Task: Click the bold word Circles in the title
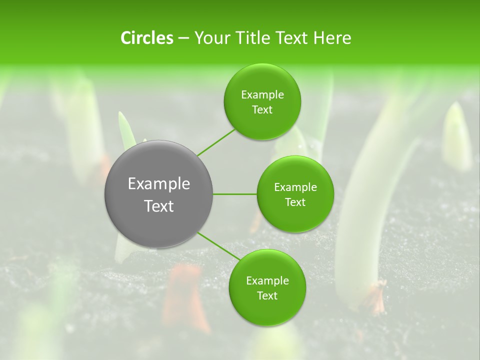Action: click(x=147, y=38)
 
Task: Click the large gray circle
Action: click(x=158, y=194)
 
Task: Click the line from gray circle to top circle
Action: click(x=216, y=142)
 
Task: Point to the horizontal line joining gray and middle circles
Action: click(x=235, y=194)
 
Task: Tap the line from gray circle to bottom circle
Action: click(x=219, y=246)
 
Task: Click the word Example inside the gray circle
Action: click(x=159, y=184)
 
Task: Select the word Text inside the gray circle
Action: click(x=159, y=206)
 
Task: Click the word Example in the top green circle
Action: click(x=262, y=94)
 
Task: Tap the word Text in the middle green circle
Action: click(x=295, y=202)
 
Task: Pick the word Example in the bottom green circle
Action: click(x=267, y=280)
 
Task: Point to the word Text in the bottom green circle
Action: click(x=267, y=295)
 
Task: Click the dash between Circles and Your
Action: click(x=183, y=38)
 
